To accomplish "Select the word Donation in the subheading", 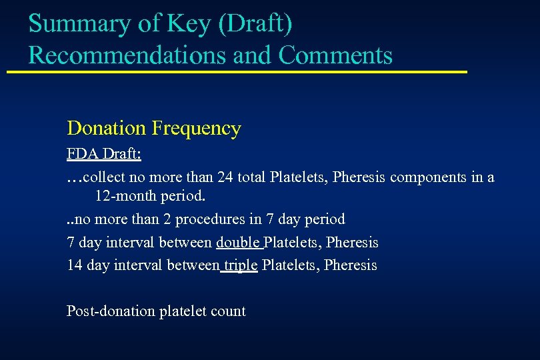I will click(107, 128).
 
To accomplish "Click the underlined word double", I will click(237, 242).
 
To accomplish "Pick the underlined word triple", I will click(241, 265).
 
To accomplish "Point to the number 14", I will click(75, 265).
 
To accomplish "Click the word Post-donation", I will click(110, 311).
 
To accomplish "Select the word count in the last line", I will click(230, 311).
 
